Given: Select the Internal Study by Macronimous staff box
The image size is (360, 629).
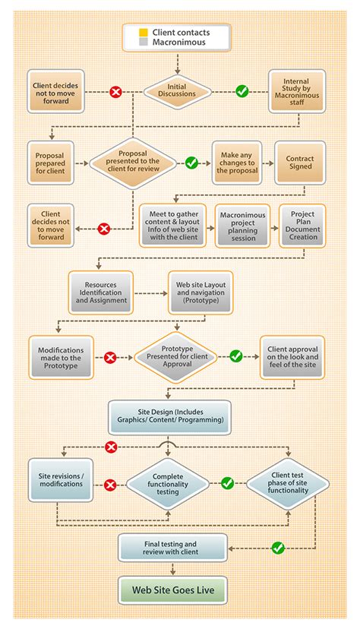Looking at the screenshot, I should pyautogui.click(x=297, y=91).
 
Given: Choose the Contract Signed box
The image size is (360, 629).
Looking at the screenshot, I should pyautogui.click(x=299, y=161).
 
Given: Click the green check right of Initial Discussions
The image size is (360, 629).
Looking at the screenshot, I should pyautogui.click(x=242, y=91).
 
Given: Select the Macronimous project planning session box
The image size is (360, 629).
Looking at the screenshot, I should pyautogui.click(x=242, y=225).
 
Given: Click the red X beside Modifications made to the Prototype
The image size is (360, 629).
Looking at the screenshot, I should pyautogui.click(x=109, y=356).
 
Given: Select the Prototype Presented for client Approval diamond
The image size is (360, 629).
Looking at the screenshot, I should pyautogui.click(x=176, y=356).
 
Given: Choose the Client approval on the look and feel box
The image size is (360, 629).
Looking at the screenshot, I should pyautogui.click(x=292, y=356).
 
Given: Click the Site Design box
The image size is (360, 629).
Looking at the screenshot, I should pyautogui.click(x=170, y=416).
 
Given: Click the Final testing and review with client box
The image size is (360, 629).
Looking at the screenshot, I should pyautogui.click(x=173, y=548).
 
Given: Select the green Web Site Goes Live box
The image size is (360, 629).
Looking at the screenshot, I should pyautogui.click(x=173, y=589).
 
